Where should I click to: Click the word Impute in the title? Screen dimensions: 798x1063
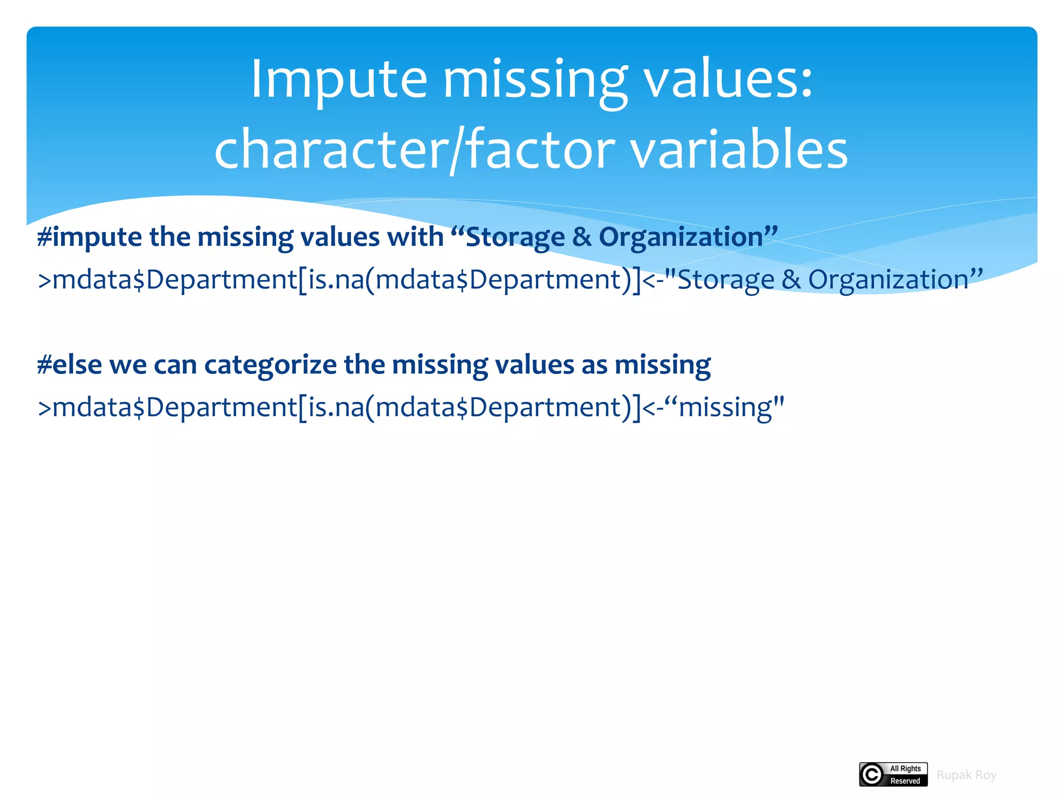338,79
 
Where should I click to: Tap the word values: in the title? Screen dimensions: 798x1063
728,79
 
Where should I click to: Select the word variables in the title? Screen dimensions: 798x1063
739,150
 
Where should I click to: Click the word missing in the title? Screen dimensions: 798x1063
535,79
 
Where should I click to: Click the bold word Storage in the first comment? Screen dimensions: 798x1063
514,237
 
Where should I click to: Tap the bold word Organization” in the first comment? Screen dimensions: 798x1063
688,237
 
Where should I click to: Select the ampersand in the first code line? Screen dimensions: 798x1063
791,280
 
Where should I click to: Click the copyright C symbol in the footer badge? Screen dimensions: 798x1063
872,775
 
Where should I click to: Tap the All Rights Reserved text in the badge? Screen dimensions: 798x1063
905,775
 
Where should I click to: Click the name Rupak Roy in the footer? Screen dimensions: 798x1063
966,775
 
